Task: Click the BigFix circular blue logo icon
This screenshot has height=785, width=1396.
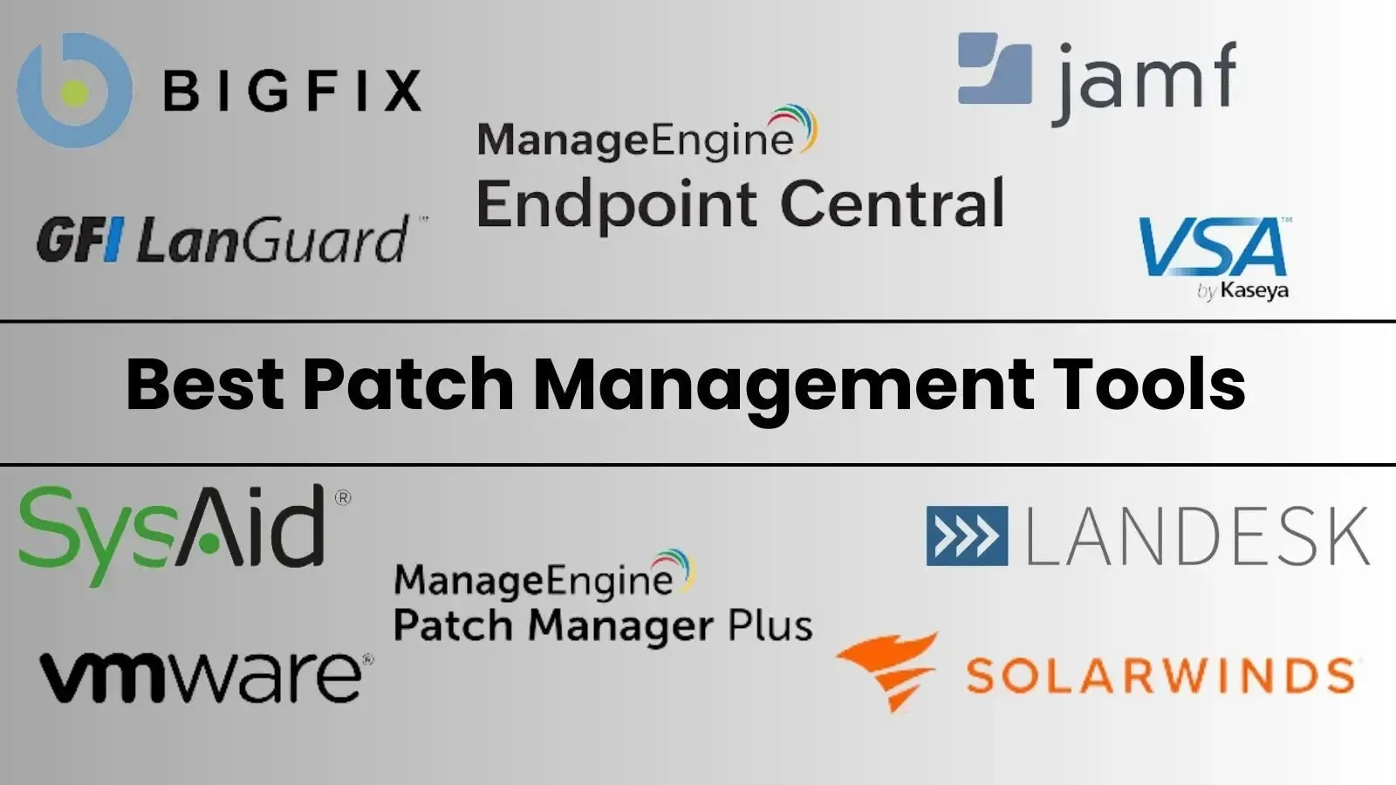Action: pos(74,91)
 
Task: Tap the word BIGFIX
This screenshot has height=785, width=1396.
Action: pos(292,91)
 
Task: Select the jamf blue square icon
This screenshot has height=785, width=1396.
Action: pos(995,68)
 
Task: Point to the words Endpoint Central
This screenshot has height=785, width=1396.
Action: pos(741,203)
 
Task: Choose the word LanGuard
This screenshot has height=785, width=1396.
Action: pos(273,239)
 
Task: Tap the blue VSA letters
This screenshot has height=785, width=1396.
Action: pos(1213,247)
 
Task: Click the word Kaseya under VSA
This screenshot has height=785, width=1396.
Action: pos(1254,290)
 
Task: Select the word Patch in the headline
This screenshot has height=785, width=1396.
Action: pos(408,384)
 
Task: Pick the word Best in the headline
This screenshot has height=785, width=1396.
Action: pos(205,384)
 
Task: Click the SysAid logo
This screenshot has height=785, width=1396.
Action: pos(184,536)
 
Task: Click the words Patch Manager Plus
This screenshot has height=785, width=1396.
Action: pos(603,625)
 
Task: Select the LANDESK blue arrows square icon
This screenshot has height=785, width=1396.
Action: pos(967,536)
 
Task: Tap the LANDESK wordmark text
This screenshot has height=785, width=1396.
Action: pos(1197,536)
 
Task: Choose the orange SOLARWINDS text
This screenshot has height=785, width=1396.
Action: pos(1160,675)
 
